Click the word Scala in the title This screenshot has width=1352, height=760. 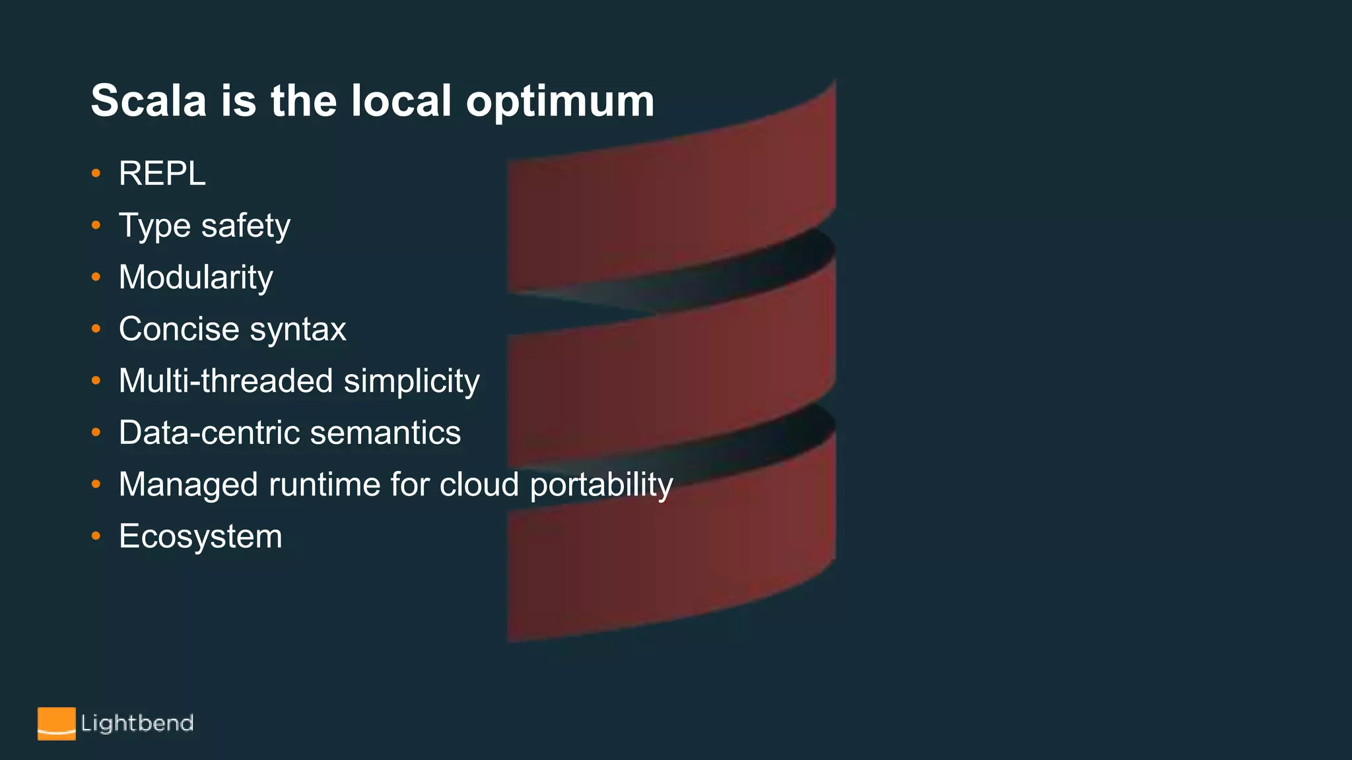coord(149,101)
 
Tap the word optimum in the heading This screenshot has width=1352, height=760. coord(560,102)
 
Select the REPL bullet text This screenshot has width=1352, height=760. coord(162,174)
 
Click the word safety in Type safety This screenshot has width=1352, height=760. coord(246,226)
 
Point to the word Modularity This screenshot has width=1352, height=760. coord(195,278)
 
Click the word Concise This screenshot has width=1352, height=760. coord(178,329)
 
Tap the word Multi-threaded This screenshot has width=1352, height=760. coord(226,381)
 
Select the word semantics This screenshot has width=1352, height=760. coord(386,433)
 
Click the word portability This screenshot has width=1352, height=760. coord(601,486)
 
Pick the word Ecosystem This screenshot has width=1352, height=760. coord(200,536)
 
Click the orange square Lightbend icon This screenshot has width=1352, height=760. coord(56,724)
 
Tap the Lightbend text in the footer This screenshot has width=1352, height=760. coord(137,724)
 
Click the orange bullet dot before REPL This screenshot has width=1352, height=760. coord(96,174)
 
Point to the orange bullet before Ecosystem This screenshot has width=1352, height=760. coord(96,536)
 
